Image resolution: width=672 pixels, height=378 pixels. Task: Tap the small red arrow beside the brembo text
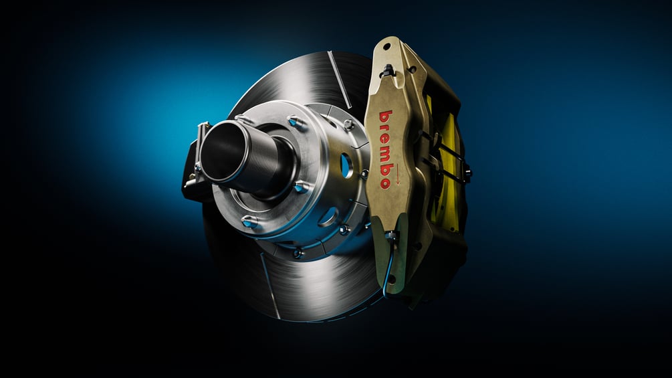[x=397, y=174]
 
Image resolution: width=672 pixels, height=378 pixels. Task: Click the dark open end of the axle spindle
[x=223, y=151]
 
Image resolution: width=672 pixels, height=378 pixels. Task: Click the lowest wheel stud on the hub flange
[x=249, y=221]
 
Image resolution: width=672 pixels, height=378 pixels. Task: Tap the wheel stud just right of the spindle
[x=302, y=187]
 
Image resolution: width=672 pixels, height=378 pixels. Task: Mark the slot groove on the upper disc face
[x=340, y=80]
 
